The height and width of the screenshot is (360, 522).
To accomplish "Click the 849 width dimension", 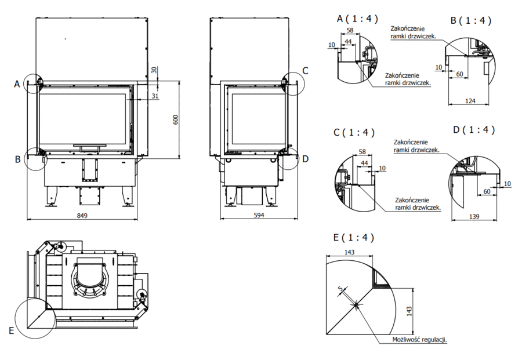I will [x=82, y=216].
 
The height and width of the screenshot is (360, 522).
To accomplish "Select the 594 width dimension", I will [x=259, y=216].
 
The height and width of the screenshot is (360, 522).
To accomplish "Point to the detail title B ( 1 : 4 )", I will [x=471, y=20].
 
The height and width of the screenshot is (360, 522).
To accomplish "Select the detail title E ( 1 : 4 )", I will [x=354, y=237].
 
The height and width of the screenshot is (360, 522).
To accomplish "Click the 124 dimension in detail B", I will [x=470, y=101].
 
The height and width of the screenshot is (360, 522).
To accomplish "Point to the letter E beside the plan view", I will [x=11, y=330].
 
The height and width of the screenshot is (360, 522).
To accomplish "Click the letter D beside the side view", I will [x=306, y=158].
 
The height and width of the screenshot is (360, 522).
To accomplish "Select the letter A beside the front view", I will [x=17, y=85].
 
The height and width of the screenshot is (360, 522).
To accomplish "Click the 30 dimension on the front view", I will [x=154, y=69].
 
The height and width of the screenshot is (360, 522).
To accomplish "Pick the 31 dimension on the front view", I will [x=154, y=96].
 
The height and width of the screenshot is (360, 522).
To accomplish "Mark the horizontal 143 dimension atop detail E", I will [x=349, y=252].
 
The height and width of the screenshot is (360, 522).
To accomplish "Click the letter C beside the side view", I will [x=306, y=71].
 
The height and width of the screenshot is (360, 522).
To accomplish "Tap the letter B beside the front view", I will [x=18, y=158].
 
